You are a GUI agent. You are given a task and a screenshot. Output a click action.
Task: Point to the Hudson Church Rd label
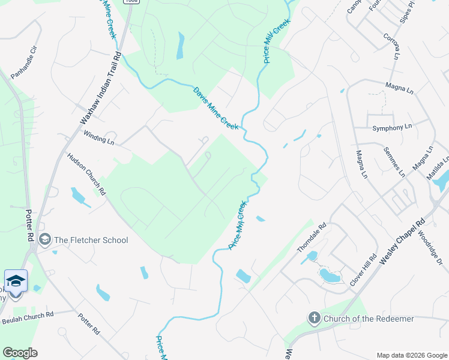pyautogui.click(x=86, y=174)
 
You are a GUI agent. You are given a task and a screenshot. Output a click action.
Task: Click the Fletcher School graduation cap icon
pyautogui.click(x=44, y=240)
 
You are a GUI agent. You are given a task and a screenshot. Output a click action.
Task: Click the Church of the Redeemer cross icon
pyautogui.click(x=314, y=318)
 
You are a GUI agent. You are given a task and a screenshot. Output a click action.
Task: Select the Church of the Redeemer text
pyautogui.click(x=369, y=319)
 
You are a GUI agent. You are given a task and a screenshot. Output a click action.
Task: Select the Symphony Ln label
pyautogui.click(x=392, y=127)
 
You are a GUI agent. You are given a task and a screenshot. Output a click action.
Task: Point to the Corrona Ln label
pyautogui.click(x=391, y=46)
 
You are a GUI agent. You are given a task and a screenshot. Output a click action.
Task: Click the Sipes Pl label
pyautogui.click(x=410, y=11)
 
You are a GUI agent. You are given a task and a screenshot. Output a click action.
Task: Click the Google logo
pyautogui.click(x=20, y=352)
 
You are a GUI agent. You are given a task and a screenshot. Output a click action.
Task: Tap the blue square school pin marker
pyautogui.click(x=16, y=281)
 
